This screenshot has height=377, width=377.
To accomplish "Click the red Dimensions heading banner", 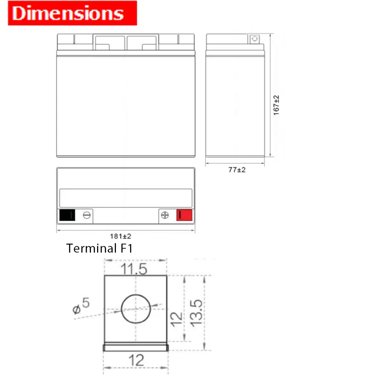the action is pos(73,13).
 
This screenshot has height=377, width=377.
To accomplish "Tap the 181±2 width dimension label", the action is pos(121,237).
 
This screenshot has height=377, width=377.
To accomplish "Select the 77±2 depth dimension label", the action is pos(237,170).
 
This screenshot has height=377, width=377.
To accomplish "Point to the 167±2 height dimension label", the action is pos(276,105).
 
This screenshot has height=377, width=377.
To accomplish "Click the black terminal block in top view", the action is pos(67,215).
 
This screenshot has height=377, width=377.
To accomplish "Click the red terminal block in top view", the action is pos(184,215).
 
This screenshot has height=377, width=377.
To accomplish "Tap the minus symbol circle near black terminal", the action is pos(87,215).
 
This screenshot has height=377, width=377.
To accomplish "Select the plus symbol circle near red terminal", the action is pos(164,215).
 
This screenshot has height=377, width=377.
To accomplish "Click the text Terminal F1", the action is pos(99,248).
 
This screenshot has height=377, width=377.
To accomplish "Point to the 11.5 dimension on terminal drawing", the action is pos(134,269).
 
